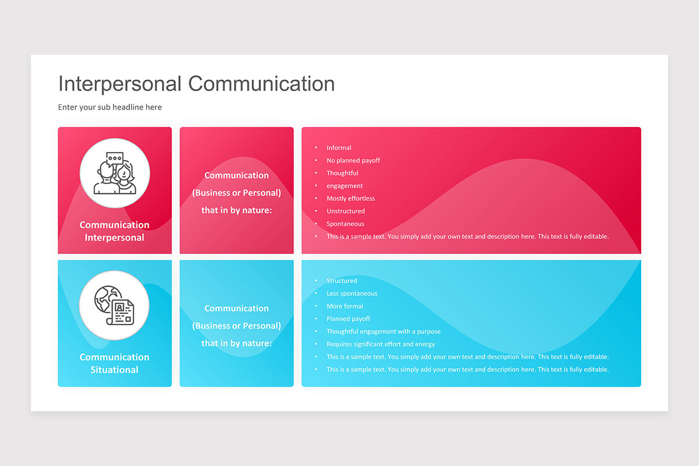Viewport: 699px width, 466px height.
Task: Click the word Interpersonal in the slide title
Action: pyautogui.click(x=120, y=84)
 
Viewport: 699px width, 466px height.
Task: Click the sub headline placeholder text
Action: pyautogui.click(x=110, y=107)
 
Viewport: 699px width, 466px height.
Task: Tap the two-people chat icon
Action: pyautogui.click(x=115, y=173)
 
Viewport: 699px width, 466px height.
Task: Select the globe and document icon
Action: pyautogui.click(x=115, y=305)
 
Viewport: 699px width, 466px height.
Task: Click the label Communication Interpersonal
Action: pyautogui.click(x=115, y=231)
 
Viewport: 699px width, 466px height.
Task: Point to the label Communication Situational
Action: pyautogui.click(x=115, y=363)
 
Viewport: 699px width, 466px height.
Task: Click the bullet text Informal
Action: pyautogui.click(x=338, y=148)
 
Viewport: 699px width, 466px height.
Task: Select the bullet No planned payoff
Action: pyautogui.click(x=353, y=161)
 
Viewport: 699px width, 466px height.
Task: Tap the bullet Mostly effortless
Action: pyautogui.click(x=351, y=199)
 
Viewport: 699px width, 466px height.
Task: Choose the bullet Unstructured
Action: pyautogui.click(x=345, y=211)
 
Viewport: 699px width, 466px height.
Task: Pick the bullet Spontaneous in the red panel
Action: pyautogui.click(x=345, y=224)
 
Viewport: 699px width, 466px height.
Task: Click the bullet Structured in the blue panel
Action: pyautogui.click(x=341, y=281)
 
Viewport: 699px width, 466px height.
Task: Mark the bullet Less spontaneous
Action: pyautogui.click(x=352, y=294)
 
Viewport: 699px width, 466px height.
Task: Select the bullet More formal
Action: pyautogui.click(x=344, y=306)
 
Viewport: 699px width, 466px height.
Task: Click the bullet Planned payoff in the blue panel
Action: pyautogui.click(x=348, y=319)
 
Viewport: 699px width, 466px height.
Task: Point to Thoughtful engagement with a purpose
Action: pyautogui.click(x=384, y=332)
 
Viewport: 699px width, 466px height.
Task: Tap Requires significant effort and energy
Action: pyautogui.click(x=380, y=344)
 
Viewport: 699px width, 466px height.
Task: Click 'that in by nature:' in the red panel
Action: pyautogui.click(x=236, y=210)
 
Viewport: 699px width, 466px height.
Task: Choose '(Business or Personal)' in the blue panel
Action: pyautogui.click(x=236, y=326)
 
